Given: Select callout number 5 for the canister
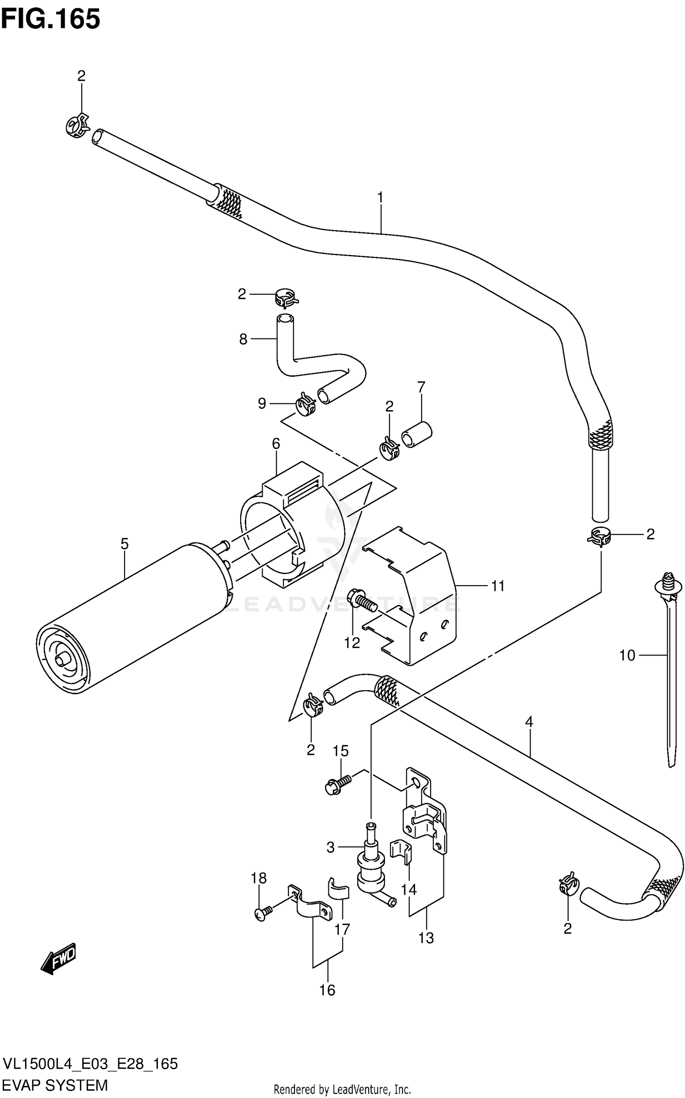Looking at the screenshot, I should (x=124, y=544).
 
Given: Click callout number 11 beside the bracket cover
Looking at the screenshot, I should (x=498, y=586).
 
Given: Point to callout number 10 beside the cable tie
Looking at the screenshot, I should (x=627, y=655).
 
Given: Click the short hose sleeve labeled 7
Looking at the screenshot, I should (x=416, y=434).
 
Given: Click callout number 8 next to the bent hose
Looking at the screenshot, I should (x=243, y=339).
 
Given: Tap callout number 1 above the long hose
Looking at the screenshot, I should (x=380, y=197).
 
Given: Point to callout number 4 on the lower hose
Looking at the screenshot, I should (x=529, y=722).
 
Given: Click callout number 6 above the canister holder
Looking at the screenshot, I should (x=276, y=443).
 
